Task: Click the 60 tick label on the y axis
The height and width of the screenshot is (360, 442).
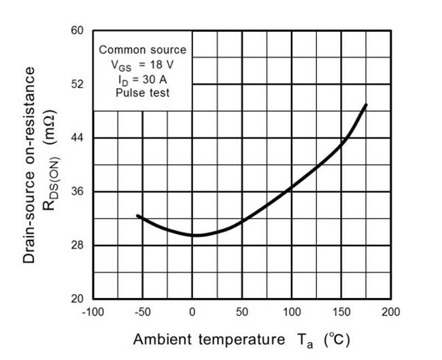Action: click(77, 31)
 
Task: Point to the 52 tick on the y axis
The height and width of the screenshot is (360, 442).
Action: click(77, 84)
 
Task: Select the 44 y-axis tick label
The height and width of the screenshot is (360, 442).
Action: click(77, 138)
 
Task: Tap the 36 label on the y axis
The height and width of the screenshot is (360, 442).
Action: click(77, 192)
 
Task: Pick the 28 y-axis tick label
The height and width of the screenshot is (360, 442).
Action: click(77, 245)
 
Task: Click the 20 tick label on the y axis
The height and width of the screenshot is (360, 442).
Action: click(77, 299)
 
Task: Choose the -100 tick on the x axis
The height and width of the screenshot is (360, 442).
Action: click(92, 312)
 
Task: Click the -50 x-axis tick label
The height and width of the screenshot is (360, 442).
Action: click(142, 312)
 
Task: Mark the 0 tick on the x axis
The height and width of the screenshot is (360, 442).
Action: click(192, 312)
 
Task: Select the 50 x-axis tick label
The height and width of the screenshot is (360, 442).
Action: click(242, 312)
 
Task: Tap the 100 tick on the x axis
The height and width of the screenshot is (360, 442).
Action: click(292, 312)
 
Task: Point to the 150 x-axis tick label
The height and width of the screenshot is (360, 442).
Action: click(341, 312)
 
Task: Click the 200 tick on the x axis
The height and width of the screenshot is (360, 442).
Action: click(391, 312)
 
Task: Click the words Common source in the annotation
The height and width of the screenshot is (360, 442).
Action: click(142, 50)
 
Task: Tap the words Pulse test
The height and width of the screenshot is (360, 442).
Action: click(142, 93)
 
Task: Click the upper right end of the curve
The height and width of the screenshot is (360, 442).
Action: click(367, 105)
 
